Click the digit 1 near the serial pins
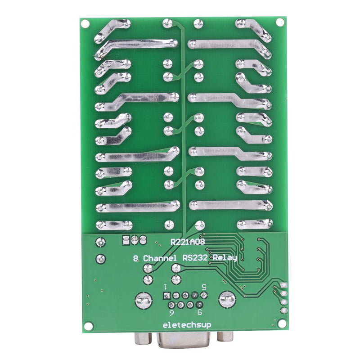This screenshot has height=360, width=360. click(x=166, y=286)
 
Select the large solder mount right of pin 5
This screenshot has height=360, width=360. click(x=226, y=299)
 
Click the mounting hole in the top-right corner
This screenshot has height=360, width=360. click(x=280, y=22)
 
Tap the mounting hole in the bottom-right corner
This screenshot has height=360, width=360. click(x=282, y=323)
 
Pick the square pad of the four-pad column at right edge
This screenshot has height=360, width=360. click(x=283, y=286)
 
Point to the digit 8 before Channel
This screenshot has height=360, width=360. click(x=135, y=259)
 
